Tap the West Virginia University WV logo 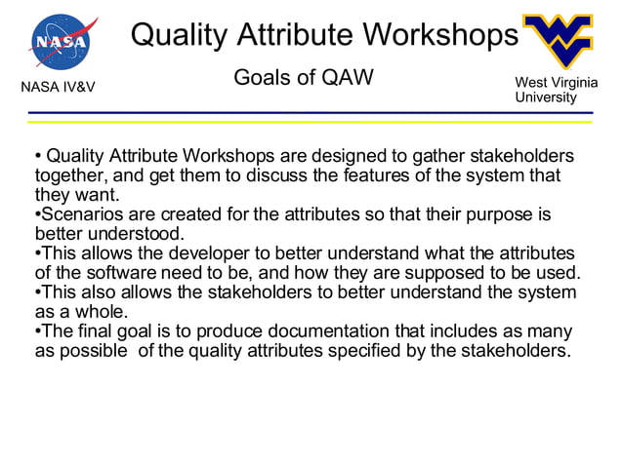click(x=557, y=42)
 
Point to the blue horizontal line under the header click(x=311, y=113)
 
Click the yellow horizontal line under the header click(x=311, y=123)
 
